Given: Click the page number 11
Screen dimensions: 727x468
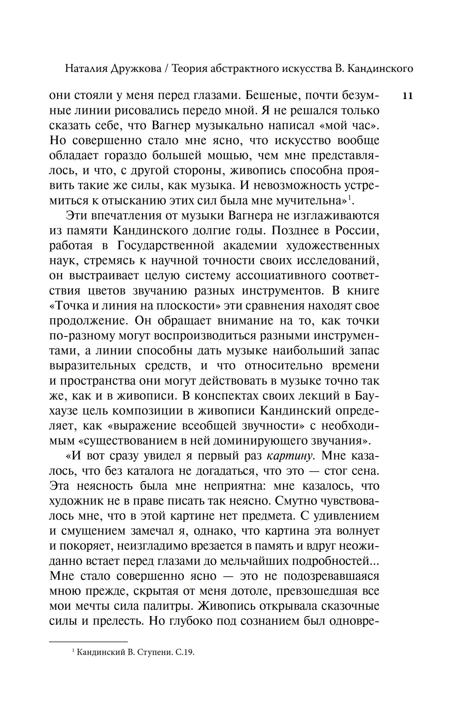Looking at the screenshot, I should [407, 96].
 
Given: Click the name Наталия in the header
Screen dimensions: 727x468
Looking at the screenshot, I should [86, 69].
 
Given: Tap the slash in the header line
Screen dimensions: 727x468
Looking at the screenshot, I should [166, 69].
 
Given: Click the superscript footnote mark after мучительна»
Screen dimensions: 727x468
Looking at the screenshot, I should [349, 198].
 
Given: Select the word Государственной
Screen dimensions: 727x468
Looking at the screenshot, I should [166, 246].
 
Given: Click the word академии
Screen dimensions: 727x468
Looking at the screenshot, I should [250, 246].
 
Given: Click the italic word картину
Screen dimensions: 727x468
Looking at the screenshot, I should [290, 456].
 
